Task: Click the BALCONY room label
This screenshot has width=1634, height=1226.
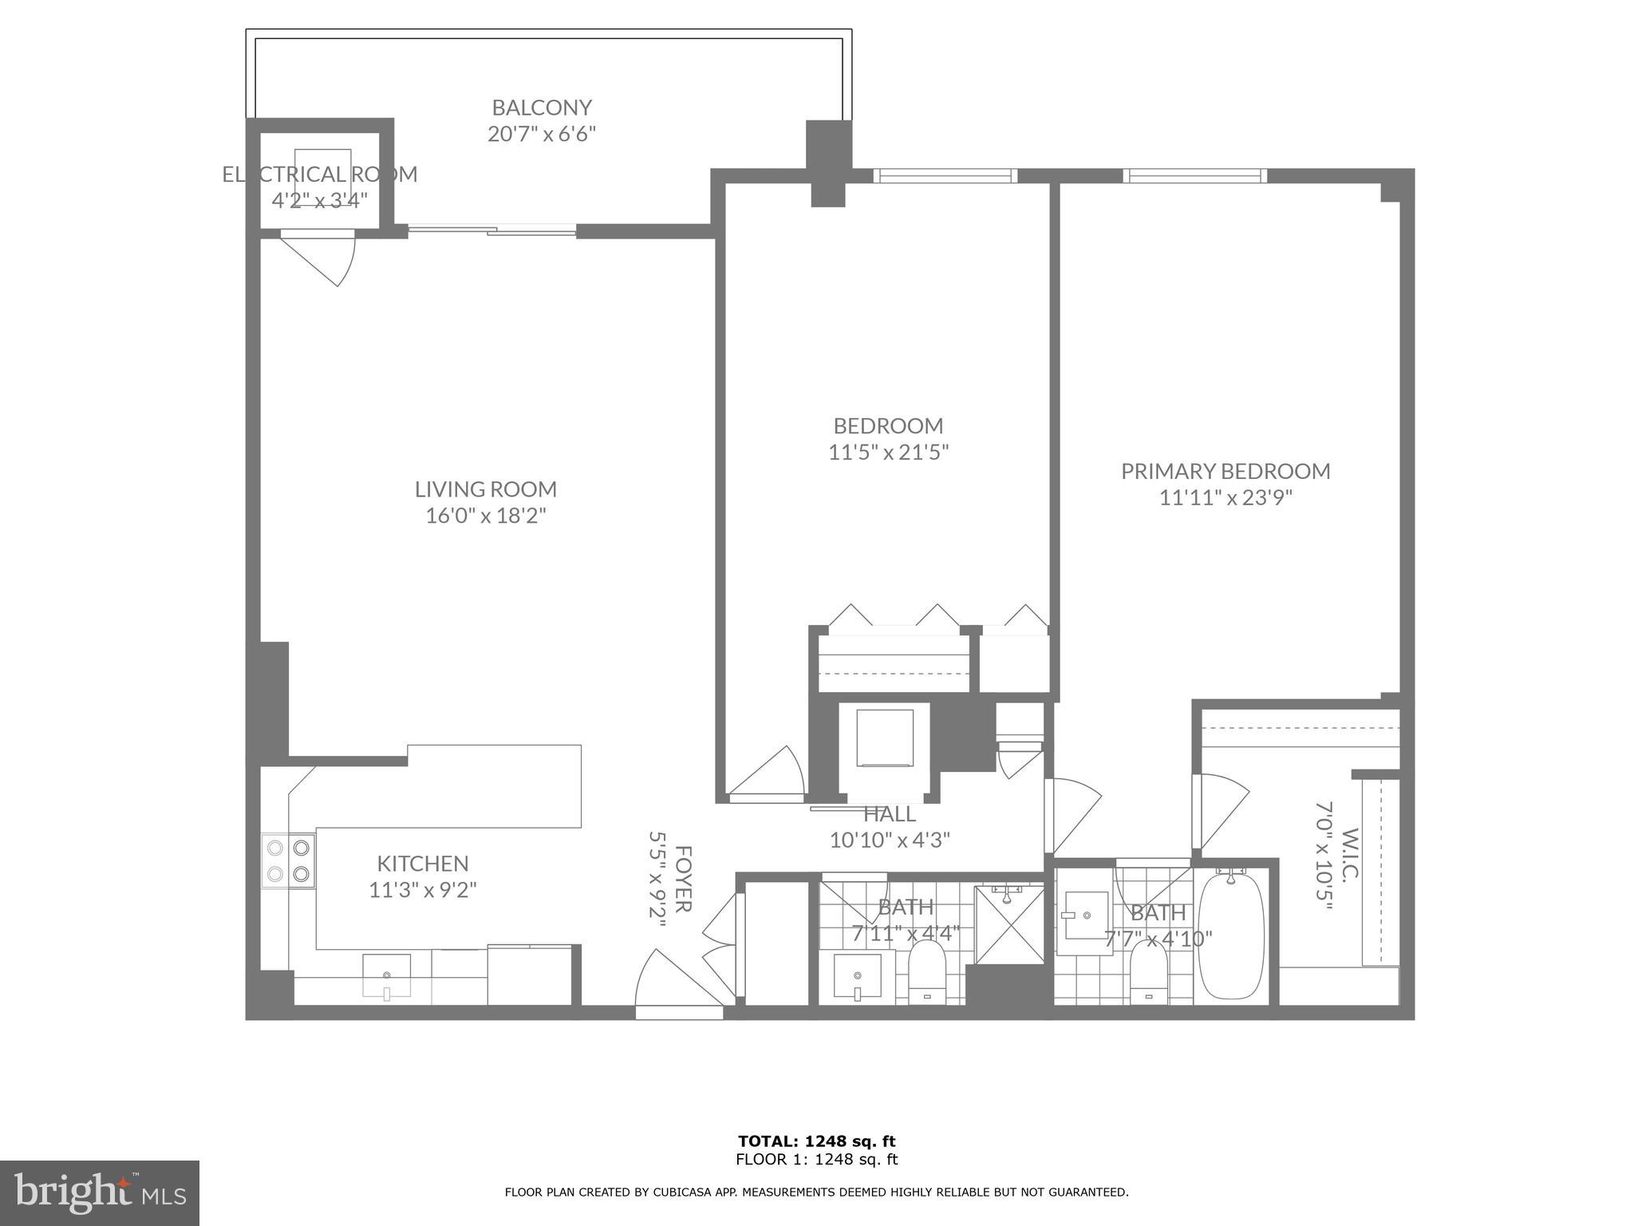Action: [541, 107]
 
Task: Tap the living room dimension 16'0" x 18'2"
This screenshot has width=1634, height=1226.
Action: [485, 516]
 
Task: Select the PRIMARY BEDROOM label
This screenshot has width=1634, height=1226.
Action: [1225, 471]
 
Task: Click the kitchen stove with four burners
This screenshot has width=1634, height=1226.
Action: [288, 860]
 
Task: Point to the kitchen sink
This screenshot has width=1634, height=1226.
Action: [387, 975]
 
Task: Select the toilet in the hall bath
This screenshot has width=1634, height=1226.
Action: [926, 971]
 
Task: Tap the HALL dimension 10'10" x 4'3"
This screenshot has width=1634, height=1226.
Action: [890, 839]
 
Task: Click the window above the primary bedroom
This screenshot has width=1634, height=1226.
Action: [1195, 176]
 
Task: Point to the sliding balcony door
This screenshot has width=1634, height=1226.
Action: [492, 231]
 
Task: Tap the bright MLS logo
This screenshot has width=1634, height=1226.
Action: [99, 1192]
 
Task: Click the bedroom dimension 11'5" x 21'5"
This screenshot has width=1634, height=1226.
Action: [888, 453]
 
